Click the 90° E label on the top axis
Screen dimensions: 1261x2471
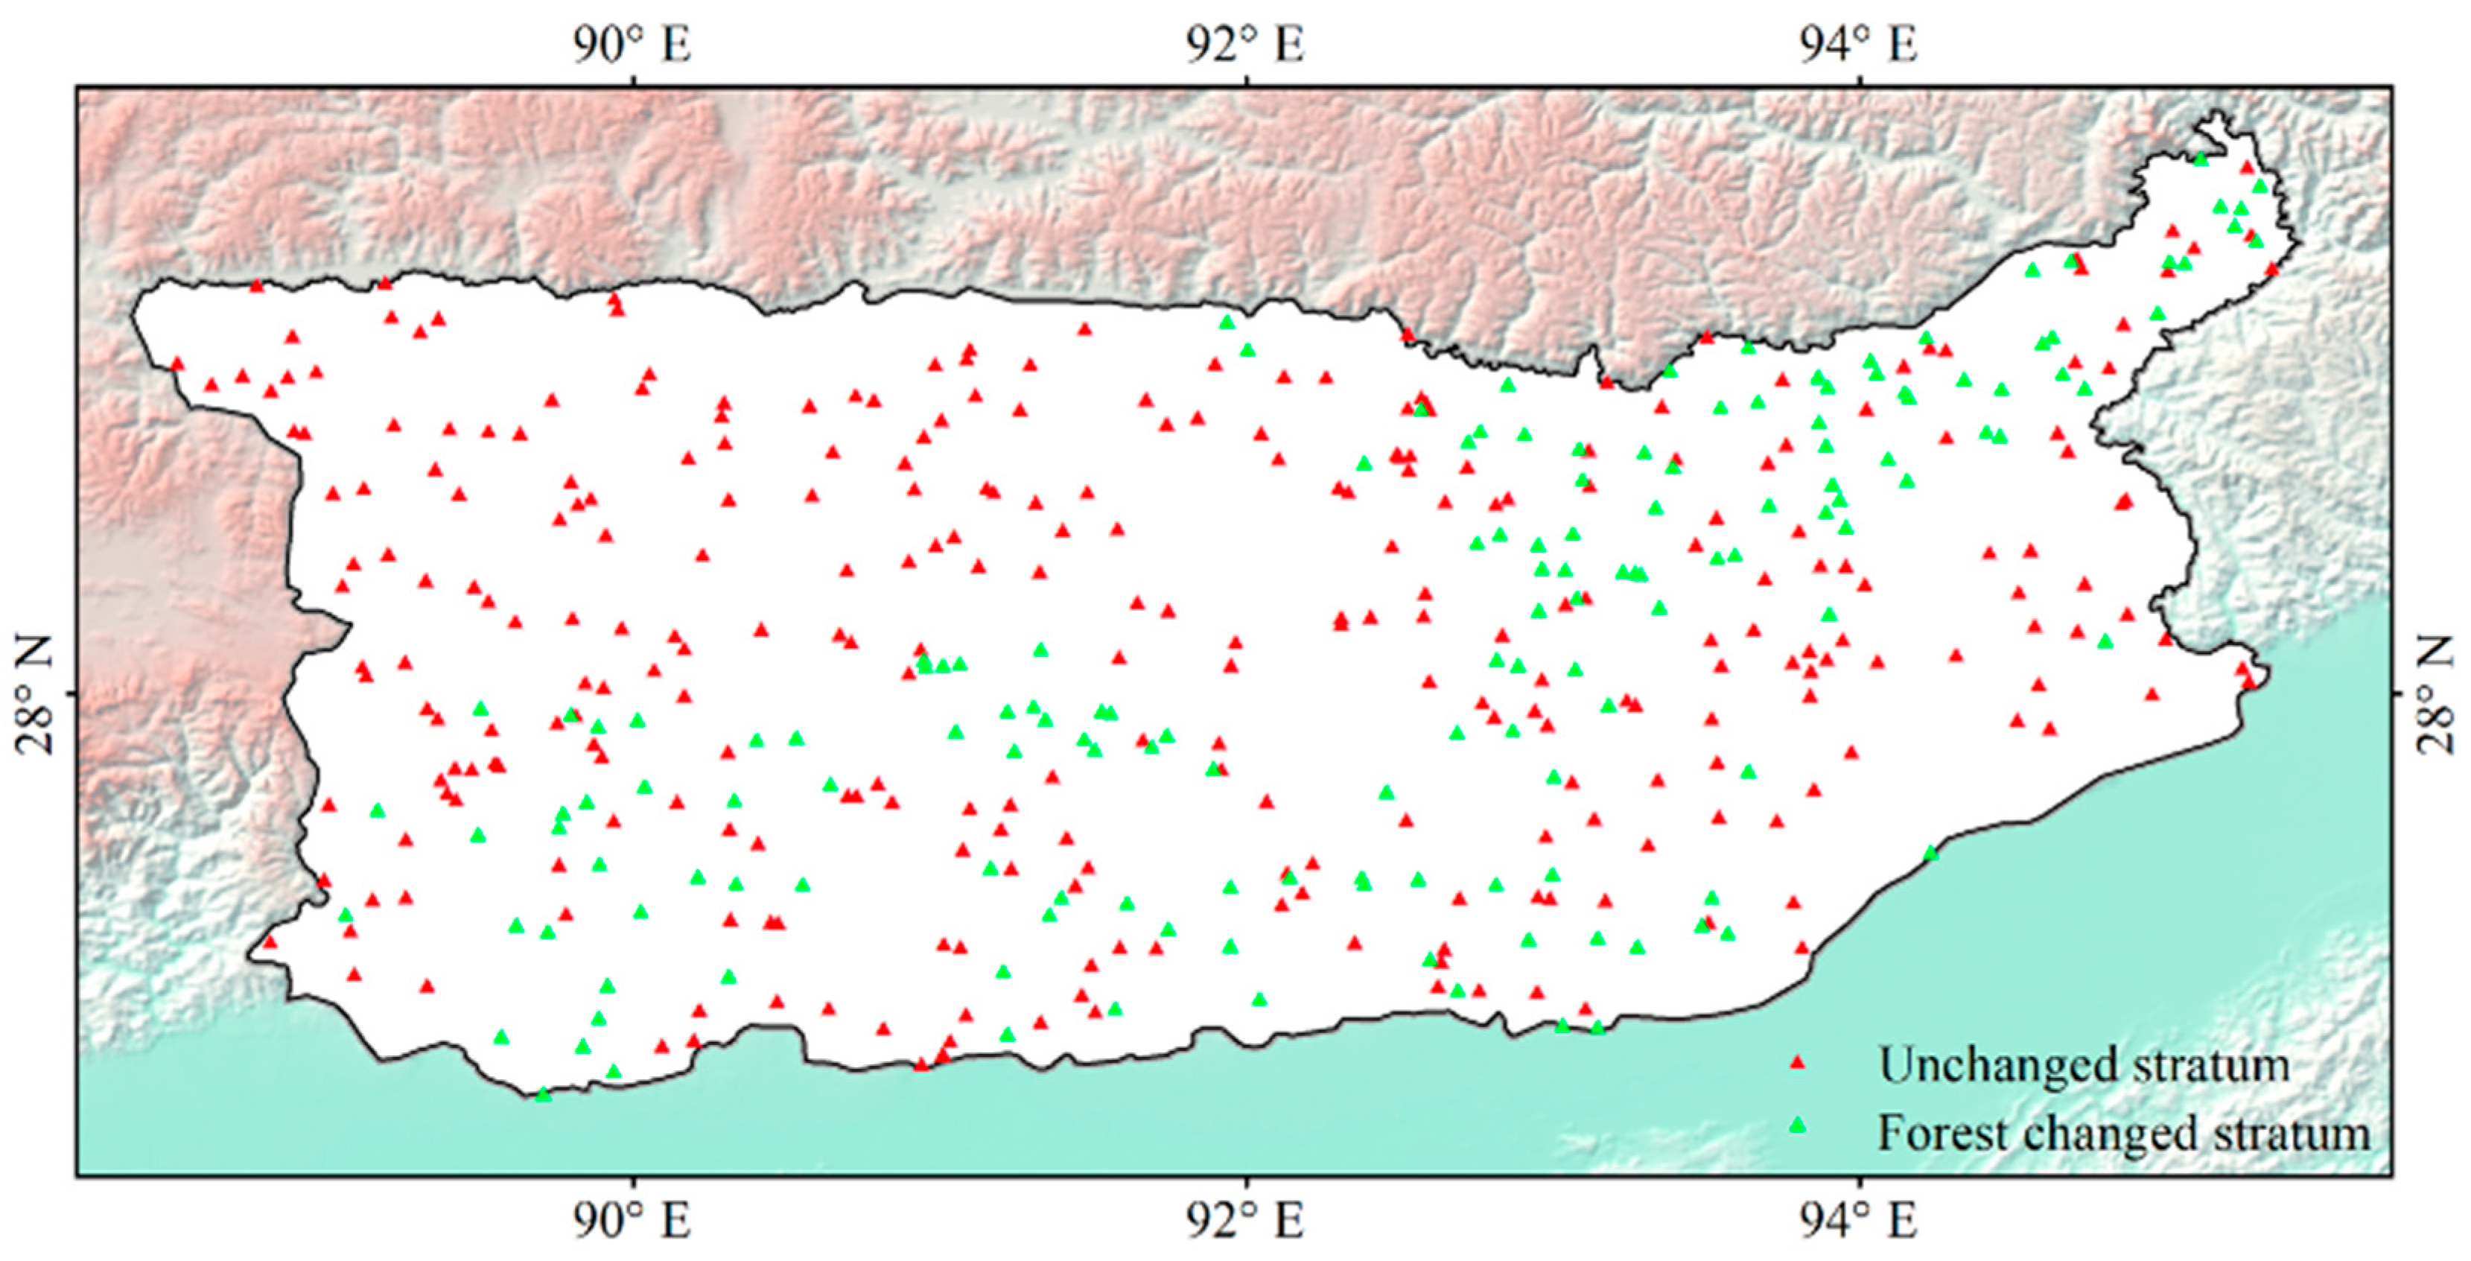pos(632,44)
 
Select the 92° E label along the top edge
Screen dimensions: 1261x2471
pos(1245,44)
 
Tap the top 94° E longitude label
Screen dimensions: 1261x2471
pos(1859,44)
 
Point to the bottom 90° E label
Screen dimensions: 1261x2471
pos(632,1221)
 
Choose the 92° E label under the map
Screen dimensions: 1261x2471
pos(1245,1221)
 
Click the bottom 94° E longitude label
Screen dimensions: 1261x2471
pos(1859,1221)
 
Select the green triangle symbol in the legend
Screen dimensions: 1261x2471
pos(1798,1125)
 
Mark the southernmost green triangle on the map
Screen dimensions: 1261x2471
pos(543,1094)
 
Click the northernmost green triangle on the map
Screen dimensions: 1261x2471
pos(2201,159)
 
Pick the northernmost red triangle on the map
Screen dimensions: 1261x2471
pos(2245,167)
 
